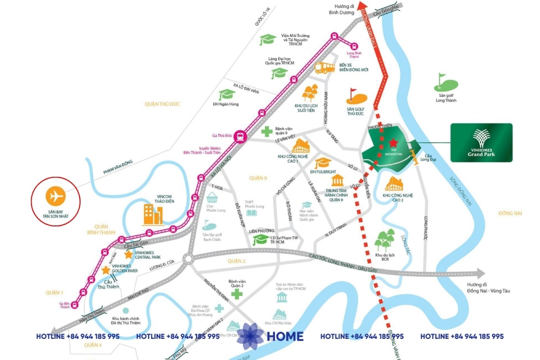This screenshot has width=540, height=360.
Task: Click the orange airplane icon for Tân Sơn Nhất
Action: coord(56,196)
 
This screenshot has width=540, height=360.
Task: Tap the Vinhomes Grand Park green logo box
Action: coord(481,143)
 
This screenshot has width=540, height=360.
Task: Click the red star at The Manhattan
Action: coord(393,143)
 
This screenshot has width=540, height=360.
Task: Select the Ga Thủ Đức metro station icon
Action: coord(240,136)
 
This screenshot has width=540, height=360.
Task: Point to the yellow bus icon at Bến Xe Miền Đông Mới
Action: coord(324,67)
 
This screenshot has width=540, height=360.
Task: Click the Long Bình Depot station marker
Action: coord(354,46)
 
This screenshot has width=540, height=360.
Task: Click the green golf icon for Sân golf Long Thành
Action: coord(445,83)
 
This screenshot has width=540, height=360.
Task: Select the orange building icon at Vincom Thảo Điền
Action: coord(153,214)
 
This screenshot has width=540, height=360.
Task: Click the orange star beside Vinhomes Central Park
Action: coord(129,254)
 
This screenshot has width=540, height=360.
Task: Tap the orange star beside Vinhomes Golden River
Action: coord(105,270)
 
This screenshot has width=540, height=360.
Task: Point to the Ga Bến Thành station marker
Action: coord(75,305)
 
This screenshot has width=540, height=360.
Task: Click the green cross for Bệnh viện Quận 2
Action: coord(237,294)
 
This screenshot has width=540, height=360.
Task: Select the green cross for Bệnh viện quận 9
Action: coord(267,131)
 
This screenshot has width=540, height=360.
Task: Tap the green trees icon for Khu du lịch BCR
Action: coord(385,240)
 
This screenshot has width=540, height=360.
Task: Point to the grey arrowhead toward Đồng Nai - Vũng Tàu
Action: coord(480,273)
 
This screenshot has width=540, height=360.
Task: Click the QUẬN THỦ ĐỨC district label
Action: coord(162,104)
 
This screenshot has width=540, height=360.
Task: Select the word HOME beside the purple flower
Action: coord(285,336)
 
